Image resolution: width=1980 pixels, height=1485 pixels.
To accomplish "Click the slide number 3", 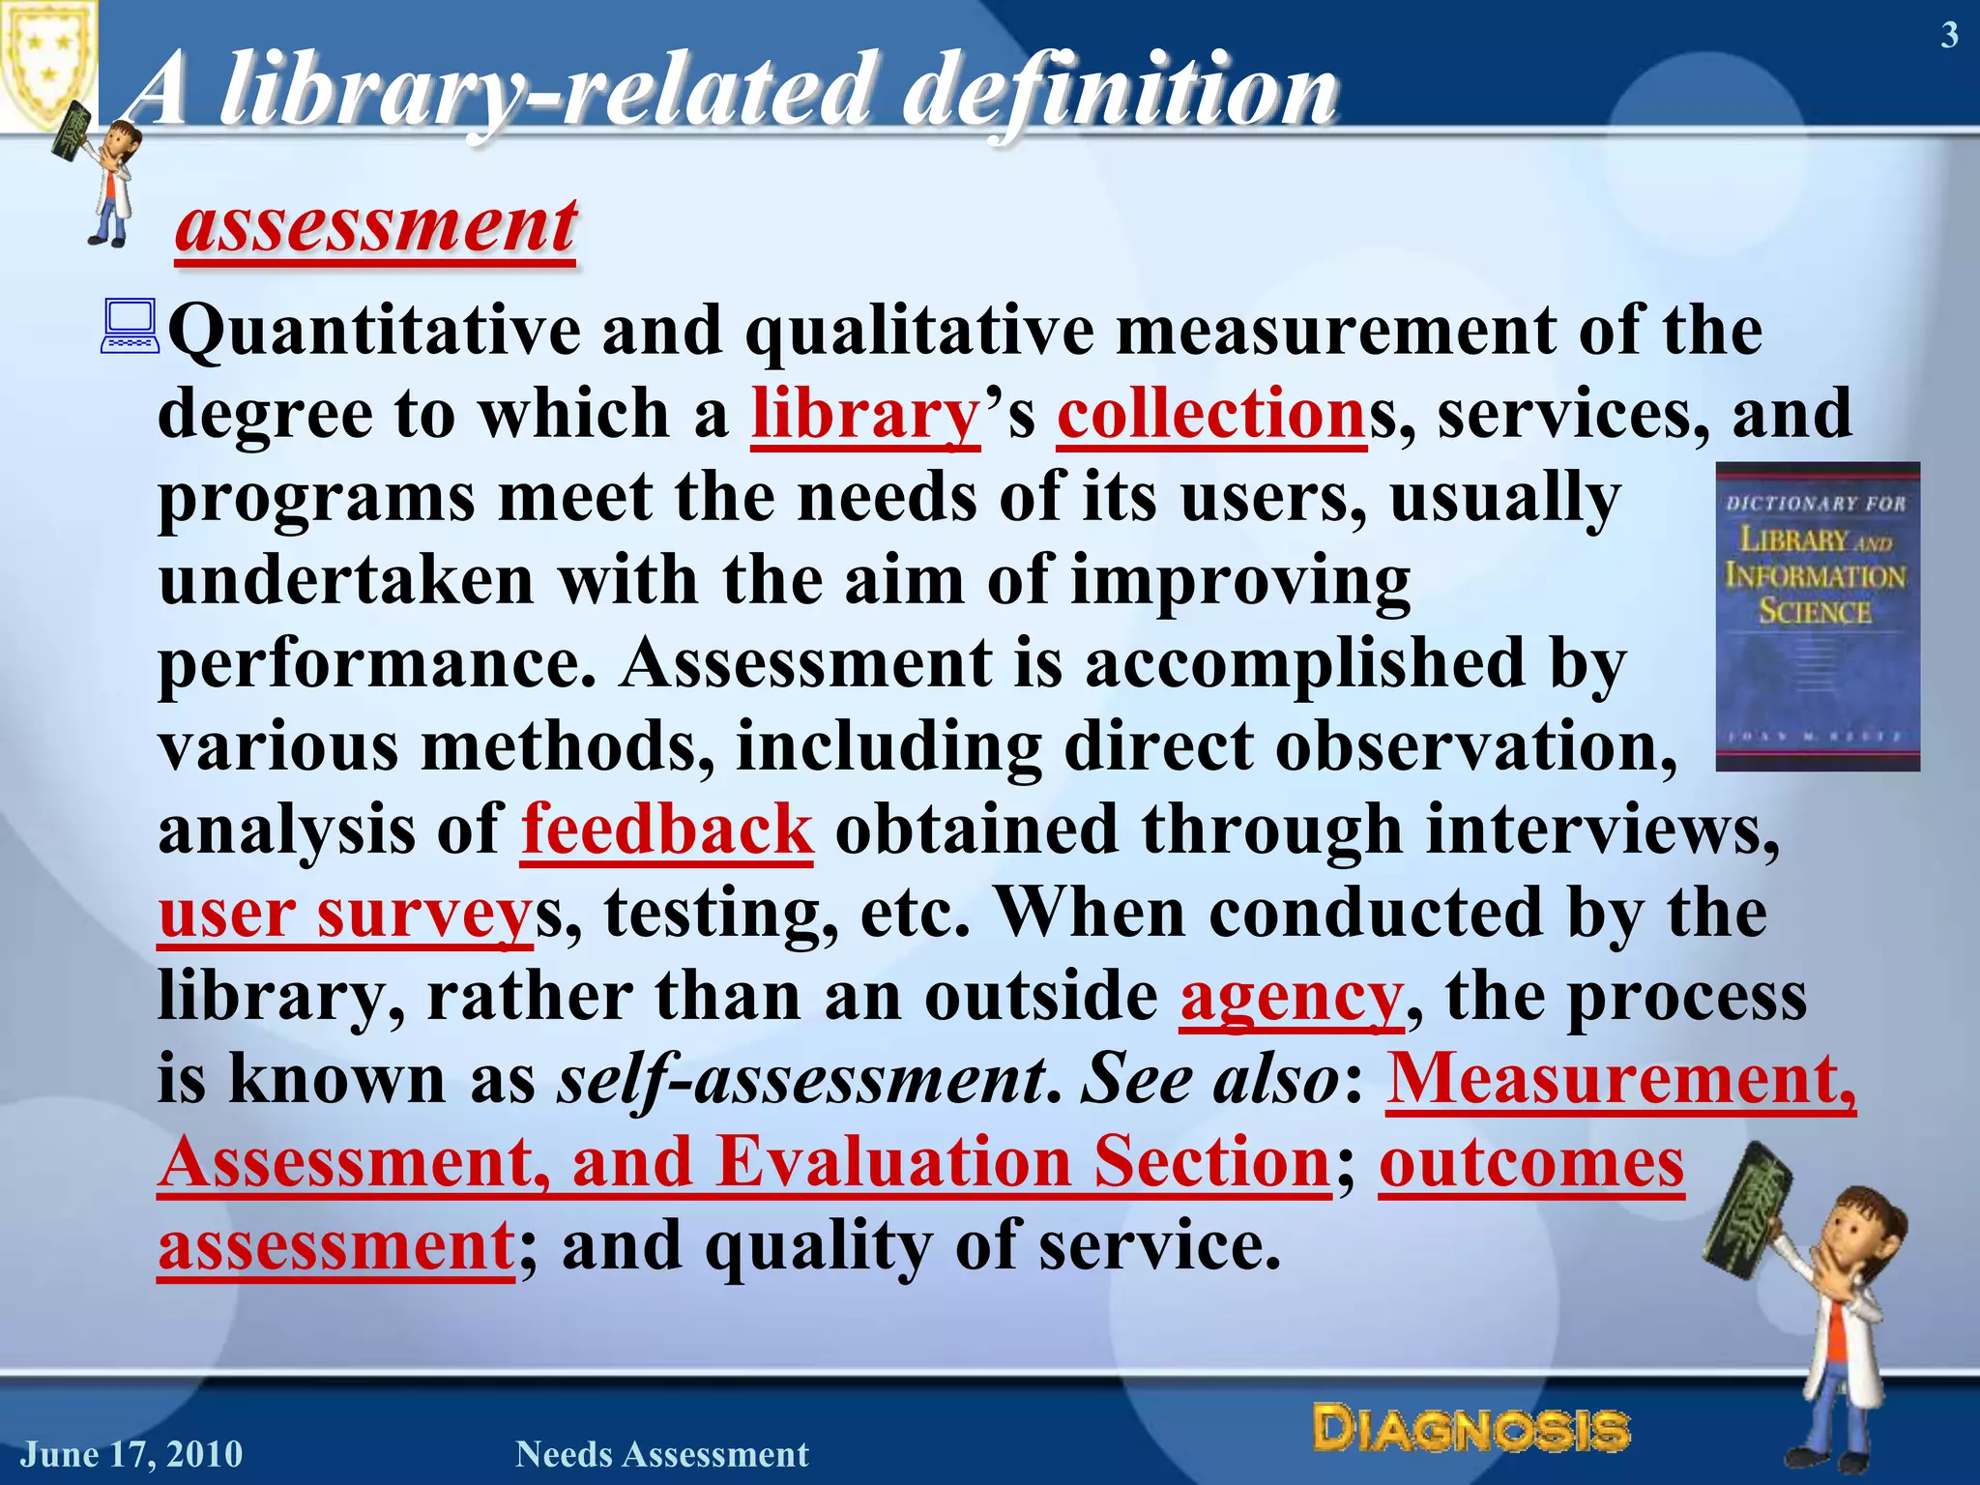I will (1949, 36).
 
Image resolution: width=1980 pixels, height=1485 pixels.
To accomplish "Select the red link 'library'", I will (865, 414).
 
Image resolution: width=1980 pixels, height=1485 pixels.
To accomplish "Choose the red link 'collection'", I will (1211, 414).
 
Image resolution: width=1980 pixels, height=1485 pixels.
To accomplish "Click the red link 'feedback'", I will (667, 830).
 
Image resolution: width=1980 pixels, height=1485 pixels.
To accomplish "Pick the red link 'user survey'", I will (345, 914).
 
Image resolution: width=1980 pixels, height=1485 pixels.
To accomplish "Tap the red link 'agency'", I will (1292, 996).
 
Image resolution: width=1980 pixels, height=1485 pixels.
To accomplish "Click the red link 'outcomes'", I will (1531, 1162).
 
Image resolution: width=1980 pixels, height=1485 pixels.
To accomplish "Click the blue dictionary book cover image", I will (1817, 616).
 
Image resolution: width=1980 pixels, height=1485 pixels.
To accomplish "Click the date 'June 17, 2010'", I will (132, 1454).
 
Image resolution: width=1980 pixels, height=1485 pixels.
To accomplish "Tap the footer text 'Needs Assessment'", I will (662, 1454).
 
